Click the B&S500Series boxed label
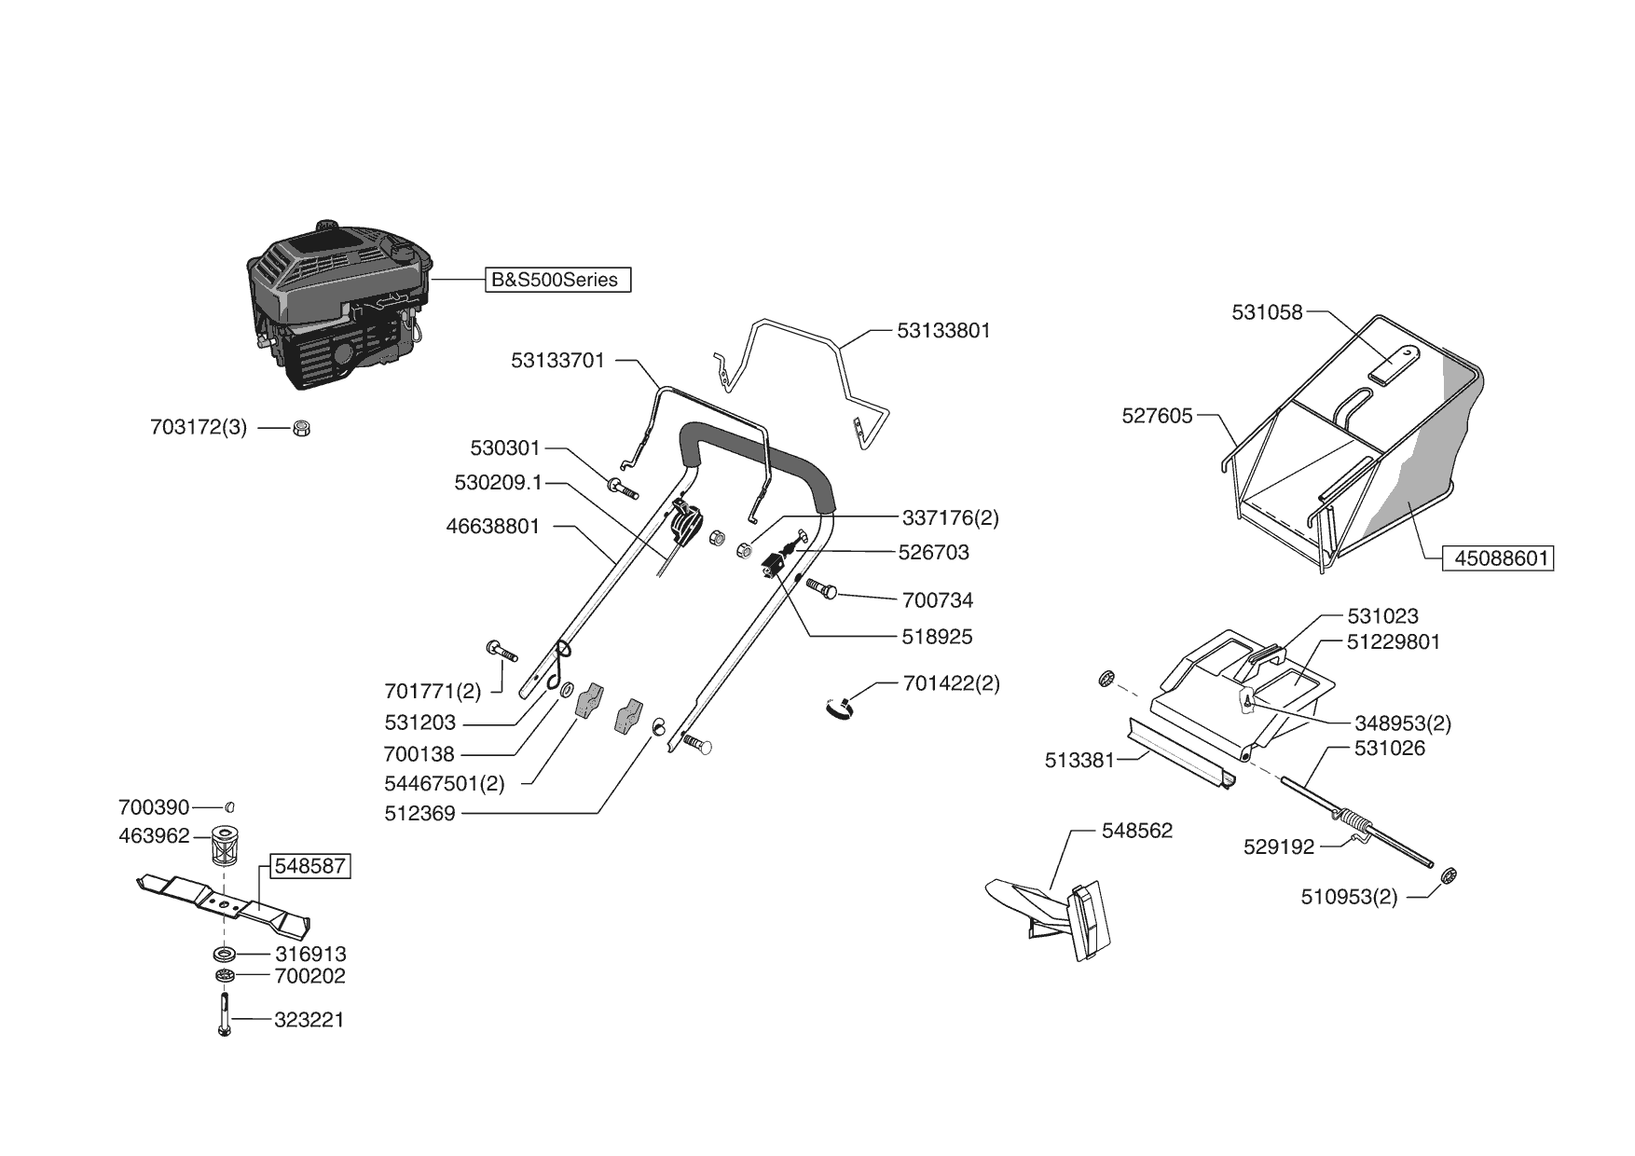557,280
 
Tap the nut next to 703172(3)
300,428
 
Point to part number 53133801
943,331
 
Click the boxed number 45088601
1498,558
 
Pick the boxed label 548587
310,866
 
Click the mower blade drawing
224,903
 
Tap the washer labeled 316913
224,954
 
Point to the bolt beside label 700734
820,589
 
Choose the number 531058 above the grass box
1267,313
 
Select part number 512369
419,814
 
